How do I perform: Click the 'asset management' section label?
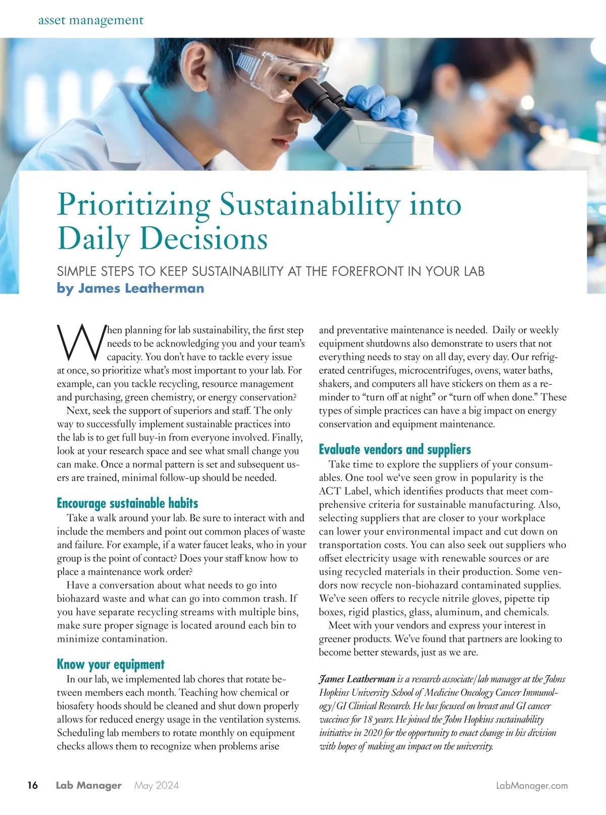(x=91, y=20)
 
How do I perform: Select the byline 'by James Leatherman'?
(x=130, y=288)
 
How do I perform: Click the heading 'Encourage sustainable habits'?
(x=127, y=503)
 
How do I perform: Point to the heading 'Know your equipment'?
(x=111, y=664)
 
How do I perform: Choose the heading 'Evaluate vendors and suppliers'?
(x=394, y=449)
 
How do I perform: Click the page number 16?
(x=32, y=785)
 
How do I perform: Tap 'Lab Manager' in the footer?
(x=88, y=785)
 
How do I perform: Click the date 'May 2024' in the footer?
(x=157, y=785)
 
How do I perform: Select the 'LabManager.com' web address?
(x=532, y=785)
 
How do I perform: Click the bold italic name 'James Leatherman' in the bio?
(x=357, y=679)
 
